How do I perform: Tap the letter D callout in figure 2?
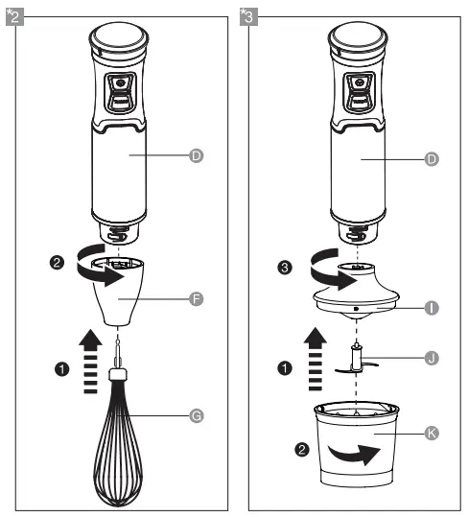pos(197,153)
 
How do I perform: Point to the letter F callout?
pos(197,300)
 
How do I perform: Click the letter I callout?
pos(432,307)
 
